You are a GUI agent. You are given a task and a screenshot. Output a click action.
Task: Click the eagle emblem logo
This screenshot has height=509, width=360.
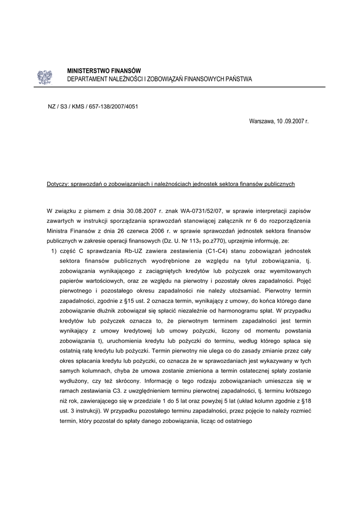(44, 77)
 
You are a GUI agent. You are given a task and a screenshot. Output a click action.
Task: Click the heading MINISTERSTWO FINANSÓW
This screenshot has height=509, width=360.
(104, 71)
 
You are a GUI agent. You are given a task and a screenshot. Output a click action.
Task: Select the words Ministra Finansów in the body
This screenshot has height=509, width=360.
(70, 231)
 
